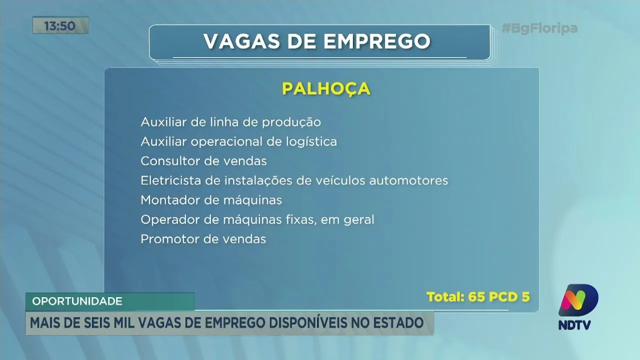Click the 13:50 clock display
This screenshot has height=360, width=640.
[60, 25]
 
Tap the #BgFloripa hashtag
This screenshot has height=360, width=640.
[539, 28]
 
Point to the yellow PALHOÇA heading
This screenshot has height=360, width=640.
[326, 88]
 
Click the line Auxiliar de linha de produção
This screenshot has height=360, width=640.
[230, 122]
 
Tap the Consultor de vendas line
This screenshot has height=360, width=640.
[203, 161]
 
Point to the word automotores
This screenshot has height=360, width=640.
[408, 180]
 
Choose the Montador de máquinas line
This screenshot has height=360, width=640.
[211, 200]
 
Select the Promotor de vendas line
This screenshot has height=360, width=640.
[203, 239]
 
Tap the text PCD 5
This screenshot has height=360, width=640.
[511, 297]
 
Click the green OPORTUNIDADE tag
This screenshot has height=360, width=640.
[77, 301]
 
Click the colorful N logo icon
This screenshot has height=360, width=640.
[578, 301]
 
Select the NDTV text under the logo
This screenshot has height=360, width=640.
[574, 325]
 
